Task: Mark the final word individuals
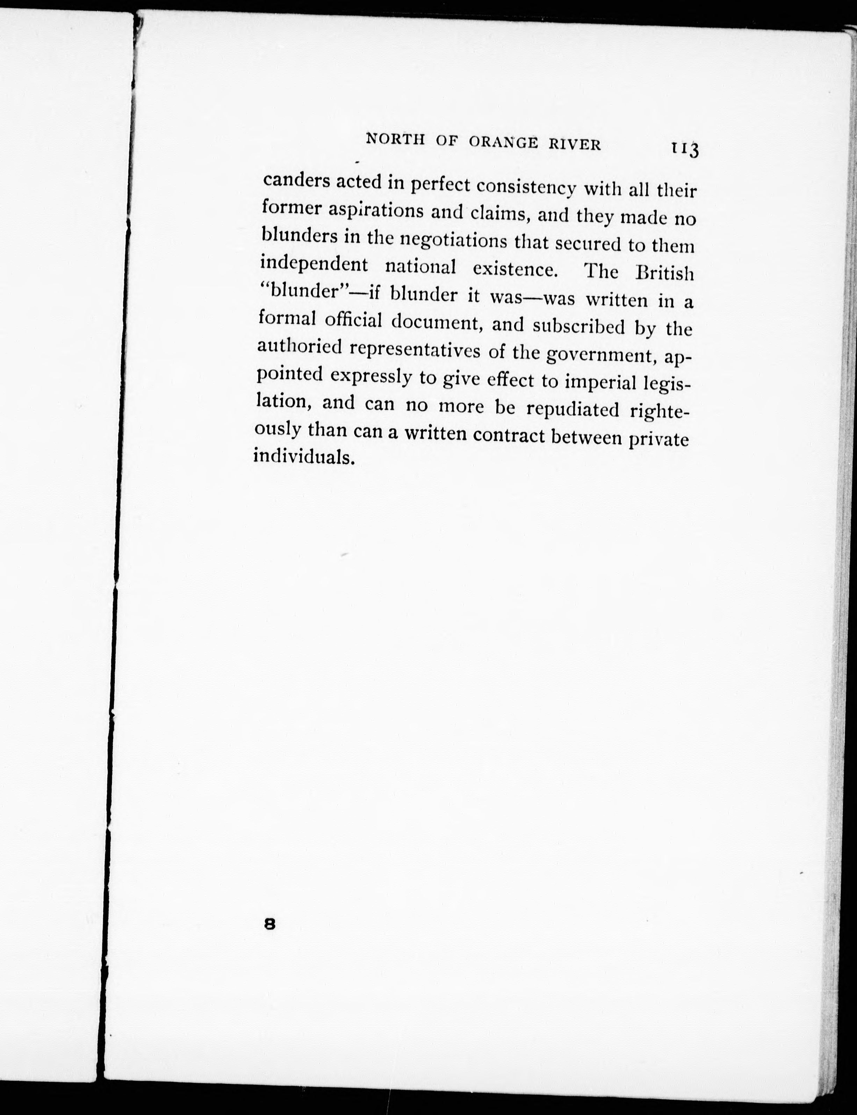303,456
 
